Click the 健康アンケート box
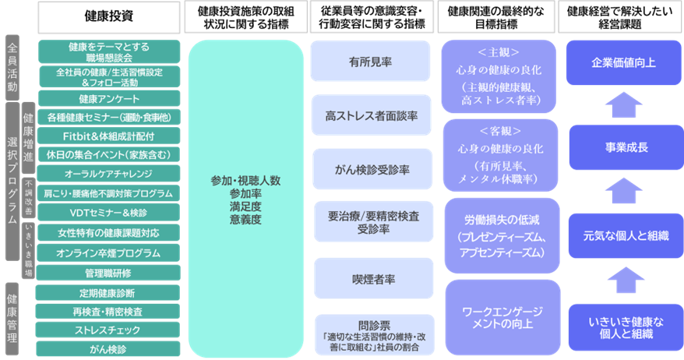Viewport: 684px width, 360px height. coord(109,99)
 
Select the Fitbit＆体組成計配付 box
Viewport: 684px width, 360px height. coord(109,136)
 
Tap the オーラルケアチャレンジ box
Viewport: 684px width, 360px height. coord(109,173)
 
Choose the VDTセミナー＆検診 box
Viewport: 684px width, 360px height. coord(109,212)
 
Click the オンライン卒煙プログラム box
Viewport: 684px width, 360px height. coord(109,252)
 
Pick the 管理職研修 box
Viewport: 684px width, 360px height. coord(109,273)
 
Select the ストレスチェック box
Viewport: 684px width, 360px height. coord(109,329)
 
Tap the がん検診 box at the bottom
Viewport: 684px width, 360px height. coord(109,348)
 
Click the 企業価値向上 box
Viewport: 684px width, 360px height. coord(619,61)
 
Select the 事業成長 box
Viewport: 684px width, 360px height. coord(619,147)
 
